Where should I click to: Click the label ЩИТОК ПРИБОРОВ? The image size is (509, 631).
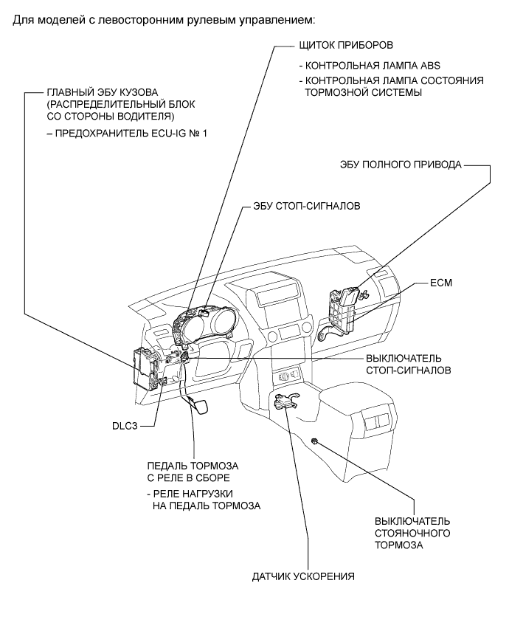click(346, 45)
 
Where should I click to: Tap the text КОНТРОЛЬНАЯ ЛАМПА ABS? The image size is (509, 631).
click(373, 66)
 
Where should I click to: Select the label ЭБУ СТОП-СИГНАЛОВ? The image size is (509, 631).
click(307, 206)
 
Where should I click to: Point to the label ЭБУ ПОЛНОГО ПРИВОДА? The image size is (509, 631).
click(401, 165)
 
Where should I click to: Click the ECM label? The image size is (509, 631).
click(441, 283)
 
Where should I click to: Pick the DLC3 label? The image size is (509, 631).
click(125, 426)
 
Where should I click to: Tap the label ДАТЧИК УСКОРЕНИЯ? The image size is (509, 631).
click(303, 576)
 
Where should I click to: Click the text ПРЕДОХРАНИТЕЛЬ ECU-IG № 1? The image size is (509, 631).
click(131, 133)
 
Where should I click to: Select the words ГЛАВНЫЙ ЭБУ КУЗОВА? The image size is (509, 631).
click(103, 93)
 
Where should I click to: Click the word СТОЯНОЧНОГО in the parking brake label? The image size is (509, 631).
click(412, 533)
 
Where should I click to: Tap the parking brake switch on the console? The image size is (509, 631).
click(315, 442)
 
